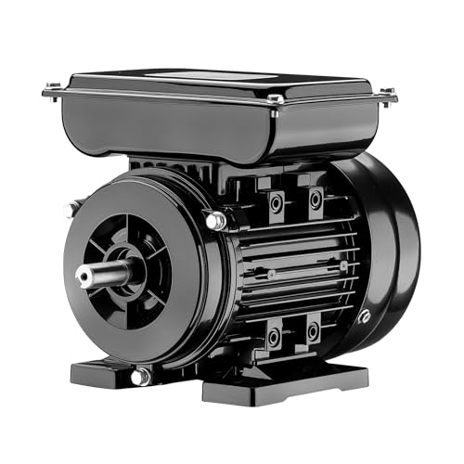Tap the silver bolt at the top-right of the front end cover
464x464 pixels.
[x=215, y=221]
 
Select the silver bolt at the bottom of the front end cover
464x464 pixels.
[x=139, y=376]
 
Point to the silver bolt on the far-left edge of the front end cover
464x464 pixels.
[x=69, y=210]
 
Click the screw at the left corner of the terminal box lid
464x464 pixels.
[x=51, y=89]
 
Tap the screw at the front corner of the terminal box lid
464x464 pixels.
[x=275, y=98]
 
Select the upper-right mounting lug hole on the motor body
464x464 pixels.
[x=316, y=199]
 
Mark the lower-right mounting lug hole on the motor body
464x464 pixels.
[x=313, y=329]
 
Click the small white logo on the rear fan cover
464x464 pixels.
[x=365, y=317]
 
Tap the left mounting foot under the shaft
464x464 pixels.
[x=102, y=371]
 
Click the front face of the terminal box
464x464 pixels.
[x=167, y=125]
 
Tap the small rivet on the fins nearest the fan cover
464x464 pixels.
[x=343, y=266]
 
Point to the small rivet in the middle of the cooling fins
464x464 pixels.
[x=271, y=274]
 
